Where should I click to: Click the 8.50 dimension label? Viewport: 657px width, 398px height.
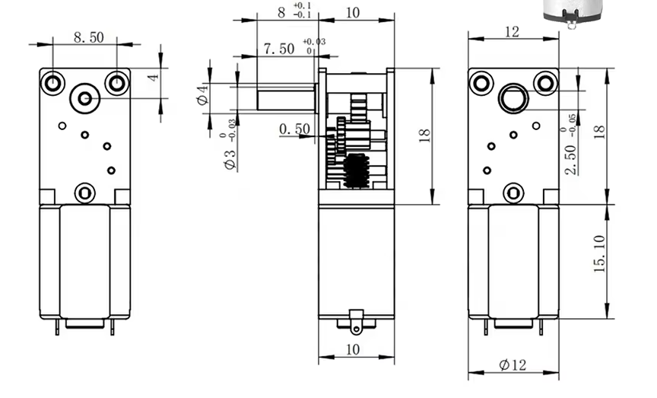click(x=89, y=37)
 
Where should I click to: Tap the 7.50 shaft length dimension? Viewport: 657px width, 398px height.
click(x=279, y=49)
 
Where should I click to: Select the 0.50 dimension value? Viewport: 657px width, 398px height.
click(x=295, y=129)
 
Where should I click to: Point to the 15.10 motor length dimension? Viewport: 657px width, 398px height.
click(x=600, y=254)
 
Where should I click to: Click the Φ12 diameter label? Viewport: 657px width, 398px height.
click(x=513, y=365)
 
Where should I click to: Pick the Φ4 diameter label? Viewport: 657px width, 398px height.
click(x=203, y=94)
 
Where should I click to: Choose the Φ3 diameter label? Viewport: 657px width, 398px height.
click(x=230, y=159)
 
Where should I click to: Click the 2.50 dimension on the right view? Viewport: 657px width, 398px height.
click(x=570, y=160)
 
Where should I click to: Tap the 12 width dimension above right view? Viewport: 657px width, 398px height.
click(x=512, y=32)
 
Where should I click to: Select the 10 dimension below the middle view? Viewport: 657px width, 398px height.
click(x=353, y=349)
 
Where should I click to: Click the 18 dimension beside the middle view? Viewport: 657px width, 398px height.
click(x=424, y=135)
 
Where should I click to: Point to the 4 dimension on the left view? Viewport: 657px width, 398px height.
click(x=154, y=77)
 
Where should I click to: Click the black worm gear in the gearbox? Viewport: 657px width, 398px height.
click(x=356, y=170)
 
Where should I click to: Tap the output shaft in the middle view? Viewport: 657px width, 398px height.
click(x=286, y=97)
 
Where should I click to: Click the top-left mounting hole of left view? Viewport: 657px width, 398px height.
click(x=52, y=83)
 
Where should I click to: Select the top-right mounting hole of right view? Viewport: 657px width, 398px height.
click(x=544, y=83)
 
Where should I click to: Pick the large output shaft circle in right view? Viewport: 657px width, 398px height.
click(x=513, y=99)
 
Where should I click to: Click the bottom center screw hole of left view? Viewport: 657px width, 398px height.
click(x=85, y=193)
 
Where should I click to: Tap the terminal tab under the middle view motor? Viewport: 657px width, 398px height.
click(x=356, y=323)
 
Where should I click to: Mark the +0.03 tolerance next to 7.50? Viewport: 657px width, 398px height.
click(x=314, y=42)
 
